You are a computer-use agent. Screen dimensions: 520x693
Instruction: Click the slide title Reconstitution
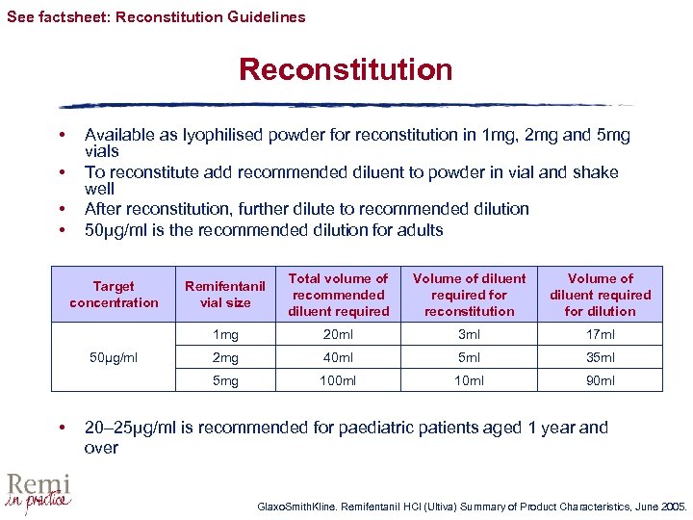point(346,70)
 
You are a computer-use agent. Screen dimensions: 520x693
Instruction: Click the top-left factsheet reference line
point(156,16)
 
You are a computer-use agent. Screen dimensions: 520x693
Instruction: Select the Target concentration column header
point(114,294)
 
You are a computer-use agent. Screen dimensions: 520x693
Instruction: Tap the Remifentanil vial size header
point(225,294)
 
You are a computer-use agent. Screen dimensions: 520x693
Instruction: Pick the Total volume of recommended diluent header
point(339,294)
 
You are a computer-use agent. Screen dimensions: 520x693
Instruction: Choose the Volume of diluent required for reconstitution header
point(470,294)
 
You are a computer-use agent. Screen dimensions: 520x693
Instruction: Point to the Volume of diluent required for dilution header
point(600,294)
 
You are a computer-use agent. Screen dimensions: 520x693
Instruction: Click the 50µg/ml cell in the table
point(114,357)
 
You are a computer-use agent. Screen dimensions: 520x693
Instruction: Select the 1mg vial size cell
point(225,334)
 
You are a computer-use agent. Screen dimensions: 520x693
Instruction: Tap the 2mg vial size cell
point(225,357)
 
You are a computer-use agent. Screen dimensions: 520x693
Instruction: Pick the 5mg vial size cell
point(225,380)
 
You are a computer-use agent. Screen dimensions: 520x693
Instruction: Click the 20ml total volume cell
point(339,334)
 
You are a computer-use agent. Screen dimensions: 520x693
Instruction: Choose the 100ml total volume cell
point(339,380)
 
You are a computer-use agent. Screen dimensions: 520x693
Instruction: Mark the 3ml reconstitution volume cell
point(470,334)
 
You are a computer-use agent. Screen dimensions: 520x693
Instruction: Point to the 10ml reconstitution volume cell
point(470,380)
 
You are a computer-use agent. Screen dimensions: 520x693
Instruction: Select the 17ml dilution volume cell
point(600,334)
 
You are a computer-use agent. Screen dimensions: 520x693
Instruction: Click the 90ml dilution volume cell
point(600,380)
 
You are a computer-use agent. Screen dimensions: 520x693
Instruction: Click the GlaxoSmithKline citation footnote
point(472,506)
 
